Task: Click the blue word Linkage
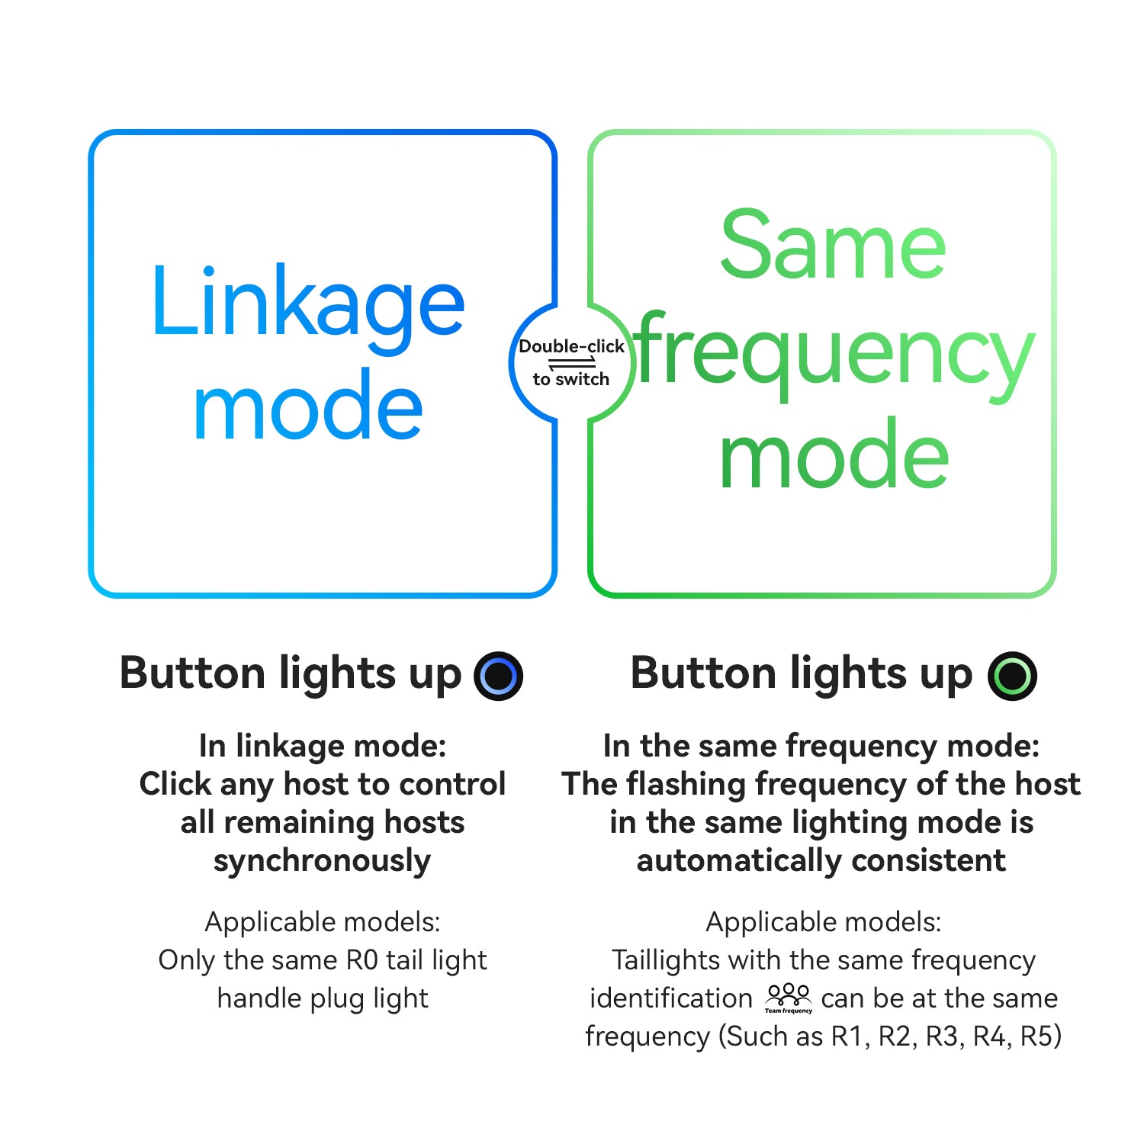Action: point(307,302)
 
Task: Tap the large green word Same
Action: point(833,246)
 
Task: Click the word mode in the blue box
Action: point(307,407)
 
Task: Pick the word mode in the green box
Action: point(834,456)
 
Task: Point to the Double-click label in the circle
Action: point(571,346)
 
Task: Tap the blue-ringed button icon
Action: point(498,676)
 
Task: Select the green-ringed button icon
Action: point(1012,676)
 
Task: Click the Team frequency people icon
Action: point(789,998)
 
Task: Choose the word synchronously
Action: point(322,860)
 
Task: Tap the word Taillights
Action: point(660,959)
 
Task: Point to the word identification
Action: point(671,998)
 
